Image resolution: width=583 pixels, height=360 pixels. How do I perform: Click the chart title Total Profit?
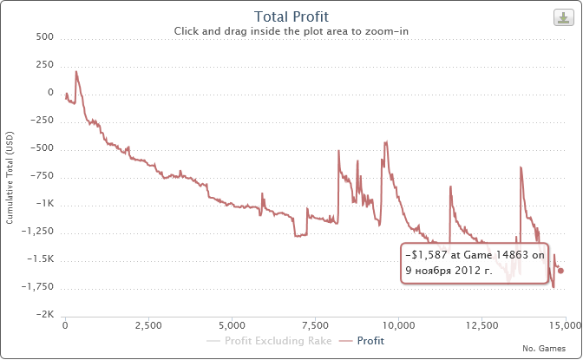coord(291,16)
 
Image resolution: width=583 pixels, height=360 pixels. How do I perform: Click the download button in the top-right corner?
coord(561,16)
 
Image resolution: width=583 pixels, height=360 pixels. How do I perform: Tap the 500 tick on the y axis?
coord(45,37)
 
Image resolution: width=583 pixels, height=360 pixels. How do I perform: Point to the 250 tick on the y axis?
coord(45,65)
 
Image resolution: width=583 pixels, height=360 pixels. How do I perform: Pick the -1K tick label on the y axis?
coord(46,204)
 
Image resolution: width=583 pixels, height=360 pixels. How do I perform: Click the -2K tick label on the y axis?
coord(46,315)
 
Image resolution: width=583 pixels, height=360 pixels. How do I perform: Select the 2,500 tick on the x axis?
coord(148,326)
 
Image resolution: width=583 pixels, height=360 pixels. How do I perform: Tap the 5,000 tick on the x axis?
coord(232,326)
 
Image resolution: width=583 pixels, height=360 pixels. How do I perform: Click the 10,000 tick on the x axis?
coord(398,326)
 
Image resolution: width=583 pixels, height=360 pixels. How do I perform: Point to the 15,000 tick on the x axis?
coord(565,326)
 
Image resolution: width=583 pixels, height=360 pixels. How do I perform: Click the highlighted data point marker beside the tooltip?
coord(560,271)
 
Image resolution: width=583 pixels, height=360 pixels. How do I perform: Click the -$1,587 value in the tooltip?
coord(425,257)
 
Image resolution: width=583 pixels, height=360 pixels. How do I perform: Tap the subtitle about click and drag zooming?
coord(291,30)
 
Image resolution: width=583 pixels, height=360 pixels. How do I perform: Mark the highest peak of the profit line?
coord(76,71)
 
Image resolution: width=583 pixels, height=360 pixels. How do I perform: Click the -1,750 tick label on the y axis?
coord(41,287)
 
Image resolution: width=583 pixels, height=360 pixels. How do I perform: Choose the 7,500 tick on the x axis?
coord(315,326)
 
